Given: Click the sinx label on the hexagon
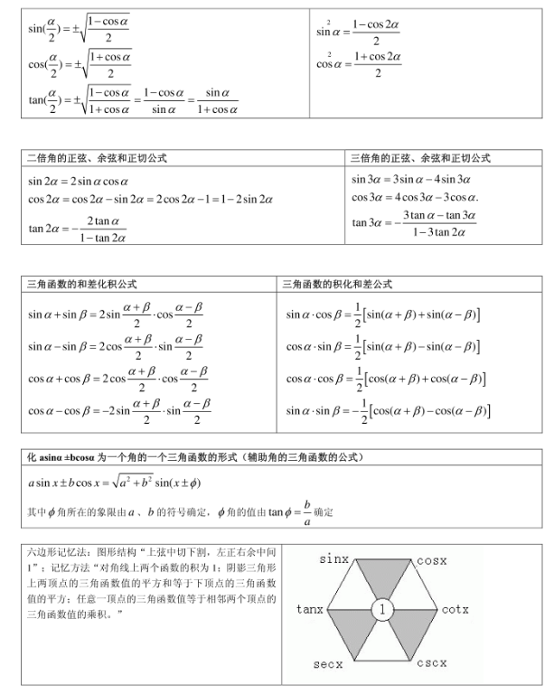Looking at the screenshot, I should (334, 560).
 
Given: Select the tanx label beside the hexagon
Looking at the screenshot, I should (310, 610).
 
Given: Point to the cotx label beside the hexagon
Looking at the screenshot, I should (455, 610).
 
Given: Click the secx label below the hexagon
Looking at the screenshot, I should (328, 664).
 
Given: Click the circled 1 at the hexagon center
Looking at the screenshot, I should (382, 611).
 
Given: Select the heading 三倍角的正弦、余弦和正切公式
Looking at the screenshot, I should (421, 158).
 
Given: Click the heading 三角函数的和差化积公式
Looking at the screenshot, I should (83, 284).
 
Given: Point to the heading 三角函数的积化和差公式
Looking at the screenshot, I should (338, 284).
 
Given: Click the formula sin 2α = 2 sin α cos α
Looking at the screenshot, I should (78, 181).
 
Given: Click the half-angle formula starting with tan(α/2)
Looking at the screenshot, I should (132, 100).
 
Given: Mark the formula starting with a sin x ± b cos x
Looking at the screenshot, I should (114, 483).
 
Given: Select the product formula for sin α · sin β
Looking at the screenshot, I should (388, 411).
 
